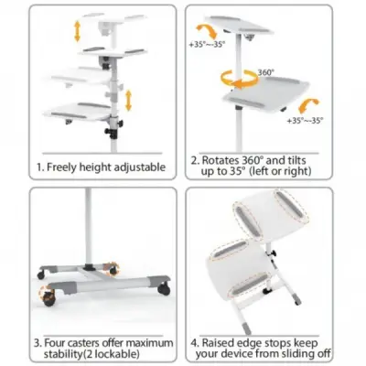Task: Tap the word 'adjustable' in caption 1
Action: [x=142, y=167]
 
